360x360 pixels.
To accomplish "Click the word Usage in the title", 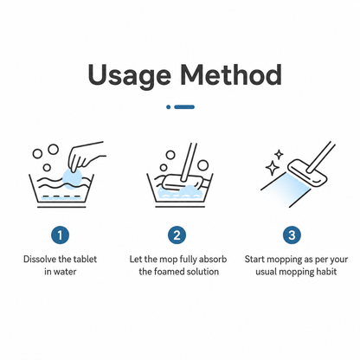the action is tap(130, 75).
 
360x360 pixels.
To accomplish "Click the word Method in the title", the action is tap(231, 74).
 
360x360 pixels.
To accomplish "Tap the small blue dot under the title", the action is tap(169, 107).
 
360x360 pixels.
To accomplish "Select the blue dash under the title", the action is tap(184, 107).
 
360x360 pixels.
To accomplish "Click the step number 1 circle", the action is tap(60, 235).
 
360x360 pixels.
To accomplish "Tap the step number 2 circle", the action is tap(177, 235).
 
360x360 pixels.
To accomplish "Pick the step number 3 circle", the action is tap(292, 235).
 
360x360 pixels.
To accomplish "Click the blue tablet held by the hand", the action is tap(73, 179).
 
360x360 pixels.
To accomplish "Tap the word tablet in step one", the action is tap(85, 259).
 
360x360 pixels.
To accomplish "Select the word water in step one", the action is tap(65, 272).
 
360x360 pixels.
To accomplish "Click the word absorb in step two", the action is tap(213, 259).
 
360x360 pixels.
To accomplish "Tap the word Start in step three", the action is tap(254, 259).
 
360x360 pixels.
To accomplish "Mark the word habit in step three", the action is tap(326, 272).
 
